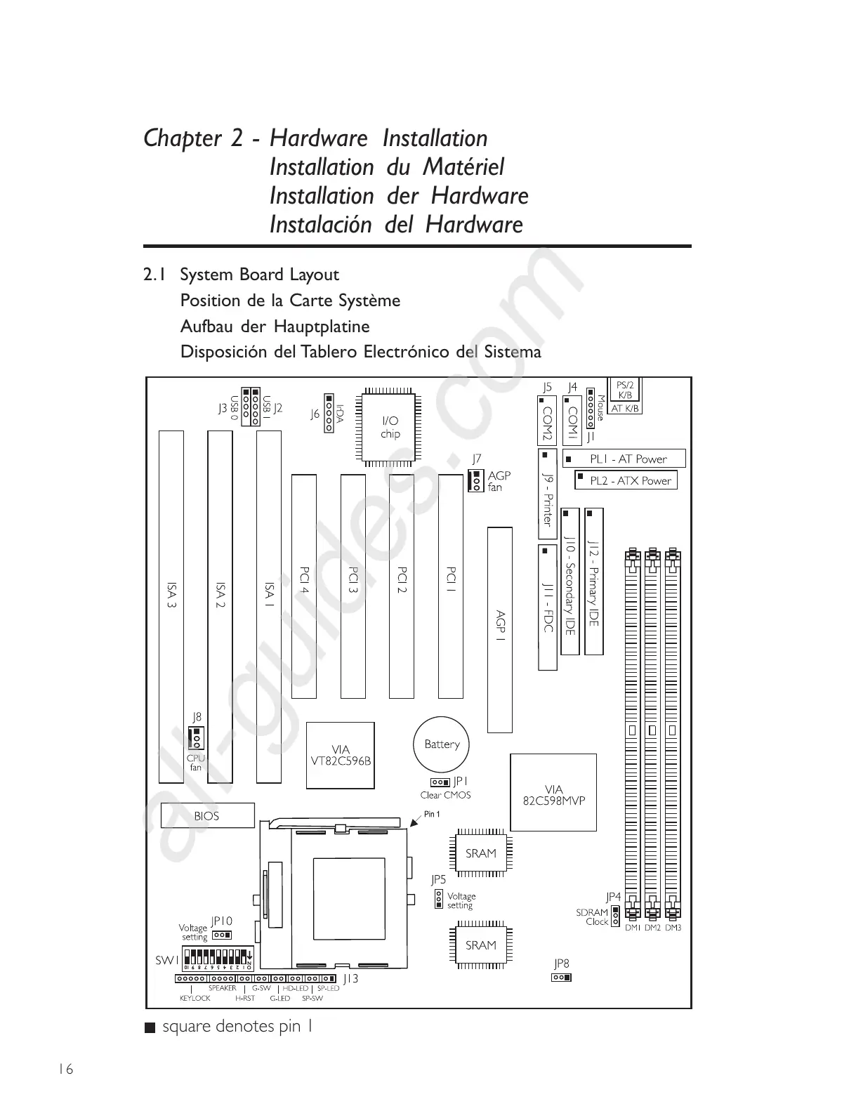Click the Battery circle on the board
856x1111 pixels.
441,744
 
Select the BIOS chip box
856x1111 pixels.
206,816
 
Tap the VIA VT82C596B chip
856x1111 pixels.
341,755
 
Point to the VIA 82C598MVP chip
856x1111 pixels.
553,794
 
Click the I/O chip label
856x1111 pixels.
390,427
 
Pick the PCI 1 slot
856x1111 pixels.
450,586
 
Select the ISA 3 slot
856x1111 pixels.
171,607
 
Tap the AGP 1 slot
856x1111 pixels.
500,629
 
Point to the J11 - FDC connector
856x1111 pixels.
548,607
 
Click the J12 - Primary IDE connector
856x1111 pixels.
593,582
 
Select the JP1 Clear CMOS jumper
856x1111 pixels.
440,782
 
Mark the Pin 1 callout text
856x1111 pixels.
432,815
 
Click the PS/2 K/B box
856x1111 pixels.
624,390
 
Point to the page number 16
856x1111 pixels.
65,1069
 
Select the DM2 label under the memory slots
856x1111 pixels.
652,928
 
